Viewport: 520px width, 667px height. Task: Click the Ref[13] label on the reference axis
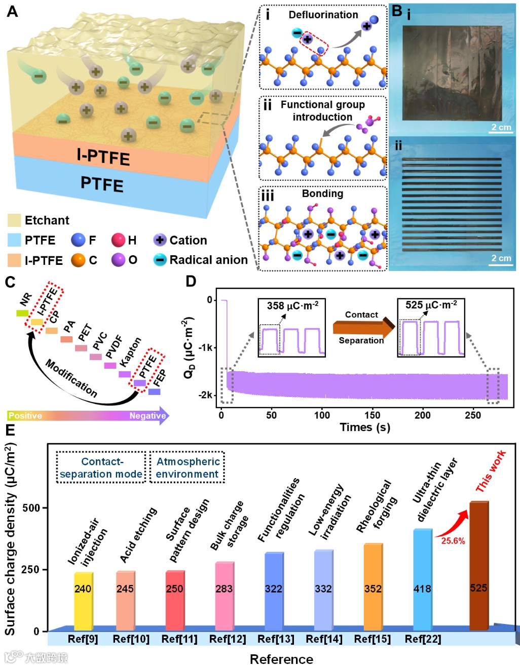[276, 639]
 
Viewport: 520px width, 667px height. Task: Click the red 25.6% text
[453, 540]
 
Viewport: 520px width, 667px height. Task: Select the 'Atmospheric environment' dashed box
[187, 467]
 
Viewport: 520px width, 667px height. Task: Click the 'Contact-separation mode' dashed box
[101, 467]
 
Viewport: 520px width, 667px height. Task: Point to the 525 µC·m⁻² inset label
[431, 305]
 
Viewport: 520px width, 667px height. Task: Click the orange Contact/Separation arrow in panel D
[363, 328]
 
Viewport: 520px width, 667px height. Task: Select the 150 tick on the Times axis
[372, 415]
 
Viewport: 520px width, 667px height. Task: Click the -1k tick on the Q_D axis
[206, 347]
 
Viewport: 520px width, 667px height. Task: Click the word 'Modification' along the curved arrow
[71, 377]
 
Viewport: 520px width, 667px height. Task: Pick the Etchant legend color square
[14, 220]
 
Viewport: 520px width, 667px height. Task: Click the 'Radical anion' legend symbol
[160, 260]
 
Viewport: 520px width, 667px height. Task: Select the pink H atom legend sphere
[118, 240]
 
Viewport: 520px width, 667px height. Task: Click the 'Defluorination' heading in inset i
[323, 15]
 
